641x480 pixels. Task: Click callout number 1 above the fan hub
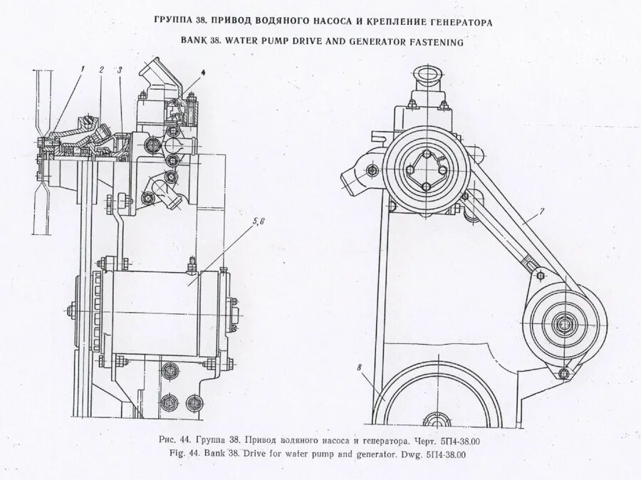pos(83,68)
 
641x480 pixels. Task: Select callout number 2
pos(102,69)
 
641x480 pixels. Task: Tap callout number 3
pos(120,69)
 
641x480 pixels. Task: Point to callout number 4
pos(202,73)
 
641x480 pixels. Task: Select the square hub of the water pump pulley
pos(424,169)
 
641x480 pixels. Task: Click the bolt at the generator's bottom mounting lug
pos(564,373)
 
